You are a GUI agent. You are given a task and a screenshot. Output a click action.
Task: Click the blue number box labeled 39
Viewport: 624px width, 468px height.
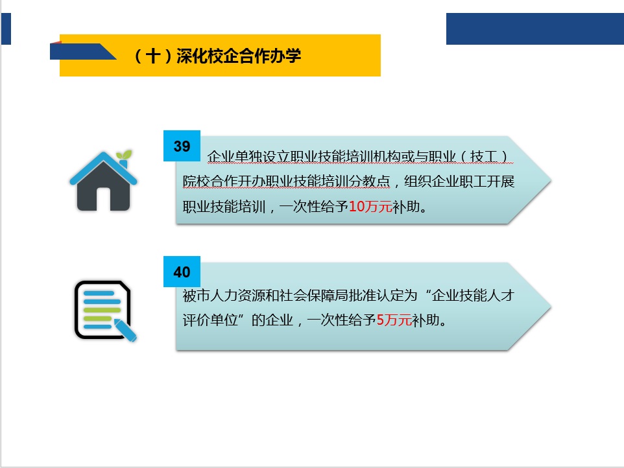(182, 146)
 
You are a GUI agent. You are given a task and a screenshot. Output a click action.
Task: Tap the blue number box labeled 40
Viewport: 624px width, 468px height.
(182, 272)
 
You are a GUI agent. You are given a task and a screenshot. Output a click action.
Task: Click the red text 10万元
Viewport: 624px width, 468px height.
(370, 206)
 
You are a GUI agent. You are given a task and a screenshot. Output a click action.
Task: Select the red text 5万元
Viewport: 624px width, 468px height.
(394, 320)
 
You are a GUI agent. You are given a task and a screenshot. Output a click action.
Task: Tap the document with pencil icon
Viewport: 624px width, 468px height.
(106, 311)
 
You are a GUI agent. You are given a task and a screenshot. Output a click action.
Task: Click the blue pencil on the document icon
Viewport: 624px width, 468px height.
(126, 330)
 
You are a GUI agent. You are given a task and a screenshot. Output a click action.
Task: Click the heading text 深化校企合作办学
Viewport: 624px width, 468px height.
(239, 56)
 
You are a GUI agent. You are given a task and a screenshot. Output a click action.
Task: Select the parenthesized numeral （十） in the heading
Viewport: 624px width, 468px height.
(153, 56)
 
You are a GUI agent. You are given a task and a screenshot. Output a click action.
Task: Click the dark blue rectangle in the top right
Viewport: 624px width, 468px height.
(535, 29)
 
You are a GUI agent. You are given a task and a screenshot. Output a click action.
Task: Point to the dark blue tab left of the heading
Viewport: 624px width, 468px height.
(80, 51)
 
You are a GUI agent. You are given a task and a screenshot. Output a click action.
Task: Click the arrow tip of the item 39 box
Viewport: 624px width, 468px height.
(551, 180)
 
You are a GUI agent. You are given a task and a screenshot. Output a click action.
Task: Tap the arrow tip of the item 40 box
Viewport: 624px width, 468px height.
(551, 307)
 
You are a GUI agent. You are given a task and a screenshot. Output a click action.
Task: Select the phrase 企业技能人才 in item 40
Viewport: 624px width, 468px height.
(473, 295)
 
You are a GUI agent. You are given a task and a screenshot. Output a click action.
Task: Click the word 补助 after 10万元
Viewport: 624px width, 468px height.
(406, 206)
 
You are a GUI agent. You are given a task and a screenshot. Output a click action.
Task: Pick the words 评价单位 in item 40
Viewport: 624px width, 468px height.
(210, 320)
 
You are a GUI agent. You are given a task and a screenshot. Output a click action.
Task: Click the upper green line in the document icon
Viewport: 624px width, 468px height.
(102, 310)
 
